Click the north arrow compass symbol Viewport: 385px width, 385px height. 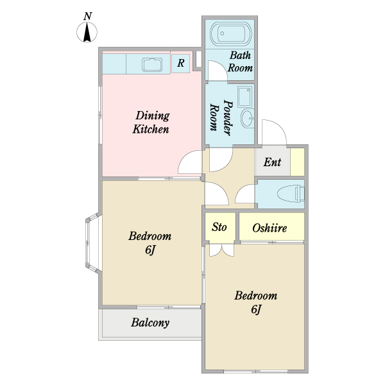[x=87, y=32]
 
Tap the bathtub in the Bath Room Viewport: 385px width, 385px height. [x=231, y=34]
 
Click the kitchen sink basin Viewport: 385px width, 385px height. [x=152, y=65]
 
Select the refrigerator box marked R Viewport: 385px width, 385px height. [x=181, y=64]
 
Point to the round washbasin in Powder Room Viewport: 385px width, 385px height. [x=247, y=118]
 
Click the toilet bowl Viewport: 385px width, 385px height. [x=291, y=194]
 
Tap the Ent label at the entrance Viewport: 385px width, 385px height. [x=272, y=162]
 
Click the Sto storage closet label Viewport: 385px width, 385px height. [x=219, y=227]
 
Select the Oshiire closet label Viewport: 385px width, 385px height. [x=269, y=228]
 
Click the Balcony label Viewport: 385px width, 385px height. [x=150, y=323]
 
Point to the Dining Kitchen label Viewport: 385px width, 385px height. [x=151, y=123]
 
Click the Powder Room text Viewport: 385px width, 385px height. [x=221, y=117]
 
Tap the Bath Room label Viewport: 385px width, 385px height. [x=240, y=62]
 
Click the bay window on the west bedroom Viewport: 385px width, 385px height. [x=92, y=243]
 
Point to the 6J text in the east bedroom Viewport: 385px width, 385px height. [x=255, y=309]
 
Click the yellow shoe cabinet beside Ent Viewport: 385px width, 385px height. [x=297, y=162]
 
